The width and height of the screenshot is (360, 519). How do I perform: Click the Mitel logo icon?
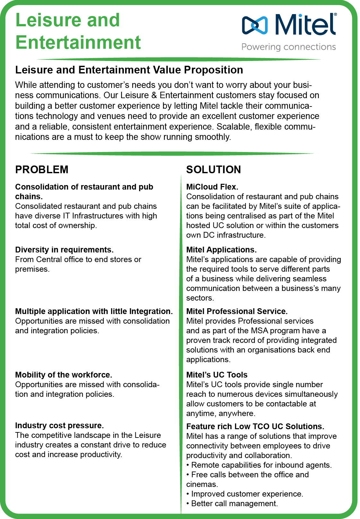tap(255, 25)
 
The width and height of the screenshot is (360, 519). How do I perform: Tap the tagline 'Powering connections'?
tap(288, 47)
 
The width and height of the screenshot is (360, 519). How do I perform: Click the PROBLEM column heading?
tap(42, 169)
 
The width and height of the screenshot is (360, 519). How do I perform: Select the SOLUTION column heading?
tap(213, 169)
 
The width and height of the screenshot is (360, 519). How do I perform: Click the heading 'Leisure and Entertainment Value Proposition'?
tap(129, 70)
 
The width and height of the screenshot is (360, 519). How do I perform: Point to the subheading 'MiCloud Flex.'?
tap(212, 187)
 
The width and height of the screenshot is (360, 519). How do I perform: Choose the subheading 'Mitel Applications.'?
tap(221, 250)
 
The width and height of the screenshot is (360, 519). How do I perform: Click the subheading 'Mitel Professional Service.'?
tap(237, 311)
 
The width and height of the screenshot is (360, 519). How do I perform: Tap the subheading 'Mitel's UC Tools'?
tap(217, 375)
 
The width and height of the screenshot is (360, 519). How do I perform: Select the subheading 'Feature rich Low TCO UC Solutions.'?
tap(255, 426)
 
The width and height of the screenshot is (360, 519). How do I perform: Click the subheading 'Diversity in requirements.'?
tap(64, 250)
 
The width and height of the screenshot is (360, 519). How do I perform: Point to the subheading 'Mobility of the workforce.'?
tap(64, 375)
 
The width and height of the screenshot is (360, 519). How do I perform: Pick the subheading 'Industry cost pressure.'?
tap(59, 425)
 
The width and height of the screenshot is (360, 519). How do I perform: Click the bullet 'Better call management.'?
tap(234, 504)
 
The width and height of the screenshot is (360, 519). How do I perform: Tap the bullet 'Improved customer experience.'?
tap(247, 494)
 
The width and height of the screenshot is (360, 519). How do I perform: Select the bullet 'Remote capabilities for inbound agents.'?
tap(261, 465)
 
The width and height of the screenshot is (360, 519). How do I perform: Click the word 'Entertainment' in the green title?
tap(78, 42)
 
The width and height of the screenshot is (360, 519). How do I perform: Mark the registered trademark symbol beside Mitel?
tap(335, 15)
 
